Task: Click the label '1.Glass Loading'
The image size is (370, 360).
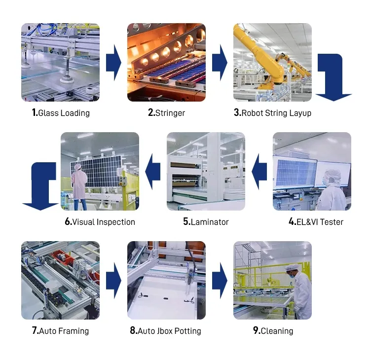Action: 61,113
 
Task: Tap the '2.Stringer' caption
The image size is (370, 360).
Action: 166,113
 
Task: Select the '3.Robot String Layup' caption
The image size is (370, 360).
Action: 272,113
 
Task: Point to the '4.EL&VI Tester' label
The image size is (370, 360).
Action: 316,222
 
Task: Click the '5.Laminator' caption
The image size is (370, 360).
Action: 206,222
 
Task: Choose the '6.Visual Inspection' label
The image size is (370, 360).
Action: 100,222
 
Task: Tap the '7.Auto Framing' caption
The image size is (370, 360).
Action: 60,331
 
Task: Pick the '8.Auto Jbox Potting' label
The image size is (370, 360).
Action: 165,331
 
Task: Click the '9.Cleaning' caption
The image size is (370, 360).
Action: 273,331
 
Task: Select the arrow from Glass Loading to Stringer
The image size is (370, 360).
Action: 113,63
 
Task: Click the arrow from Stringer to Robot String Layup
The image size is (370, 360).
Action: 220,63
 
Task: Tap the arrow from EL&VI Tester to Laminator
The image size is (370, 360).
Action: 259,172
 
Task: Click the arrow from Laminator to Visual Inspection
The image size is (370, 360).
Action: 153,172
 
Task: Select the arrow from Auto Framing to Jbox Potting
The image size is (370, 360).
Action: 113,281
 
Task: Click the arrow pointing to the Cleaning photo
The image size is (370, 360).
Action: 220,281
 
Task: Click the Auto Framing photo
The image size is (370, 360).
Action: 60,280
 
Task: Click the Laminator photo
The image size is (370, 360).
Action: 206,171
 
